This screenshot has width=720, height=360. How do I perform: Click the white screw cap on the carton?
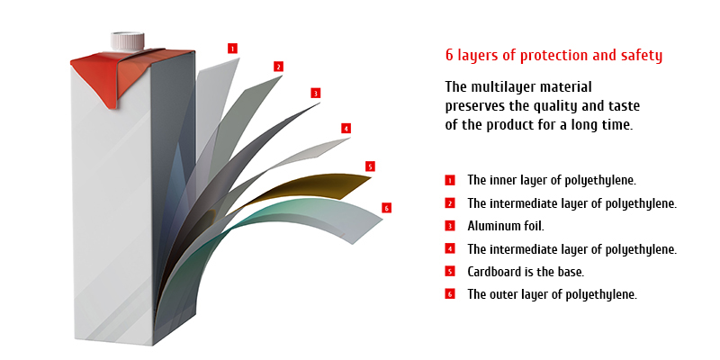(127, 41)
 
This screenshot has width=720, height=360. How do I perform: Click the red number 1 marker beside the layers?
(232, 49)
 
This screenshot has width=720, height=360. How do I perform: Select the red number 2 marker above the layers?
(278, 67)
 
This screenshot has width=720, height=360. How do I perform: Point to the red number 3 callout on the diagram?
(315, 94)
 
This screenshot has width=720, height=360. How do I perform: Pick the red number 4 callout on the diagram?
(346, 128)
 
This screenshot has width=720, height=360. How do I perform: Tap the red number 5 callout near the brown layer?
(370, 166)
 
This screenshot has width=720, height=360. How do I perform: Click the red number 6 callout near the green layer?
(386, 208)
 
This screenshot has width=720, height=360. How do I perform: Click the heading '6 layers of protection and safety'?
(553, 56)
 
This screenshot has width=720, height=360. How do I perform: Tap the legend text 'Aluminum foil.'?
(506, 226)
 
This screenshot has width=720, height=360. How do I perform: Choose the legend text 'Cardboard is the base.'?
(526, 272)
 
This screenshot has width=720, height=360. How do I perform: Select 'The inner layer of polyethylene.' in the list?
(552, 181)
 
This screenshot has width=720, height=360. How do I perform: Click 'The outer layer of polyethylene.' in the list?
(552, 294)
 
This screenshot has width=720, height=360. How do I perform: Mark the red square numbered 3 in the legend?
(450, 226)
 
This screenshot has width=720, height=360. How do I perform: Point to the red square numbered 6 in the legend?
(450, 294)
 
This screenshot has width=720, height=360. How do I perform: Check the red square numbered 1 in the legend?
(450, 181)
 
